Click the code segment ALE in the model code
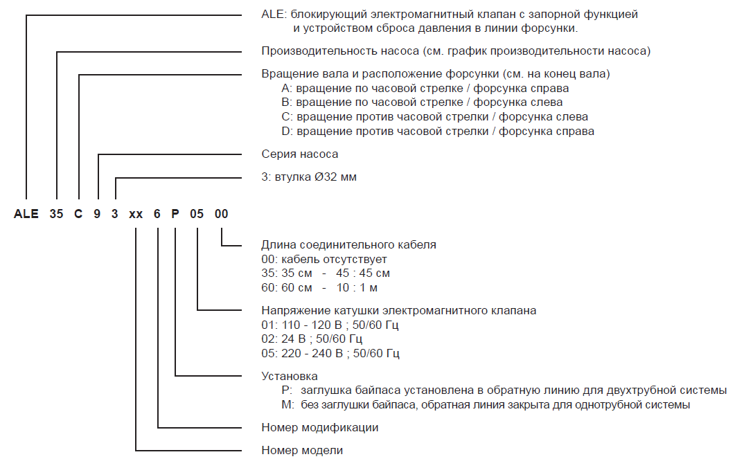point(26,215)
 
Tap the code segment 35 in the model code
point(56,215)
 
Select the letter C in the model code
point(78,215)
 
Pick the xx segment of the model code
point(136,215)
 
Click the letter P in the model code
point(175,215)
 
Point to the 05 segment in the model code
point(197,215)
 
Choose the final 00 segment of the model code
point(221,215)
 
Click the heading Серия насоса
point(300,154)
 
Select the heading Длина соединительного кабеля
point(348,245)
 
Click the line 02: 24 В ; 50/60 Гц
point(312,339)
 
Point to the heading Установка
point(290,376)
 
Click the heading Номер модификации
point(319,427)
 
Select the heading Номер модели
point(302,451)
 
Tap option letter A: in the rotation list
point(287,89)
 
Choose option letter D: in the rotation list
point(287,131)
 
